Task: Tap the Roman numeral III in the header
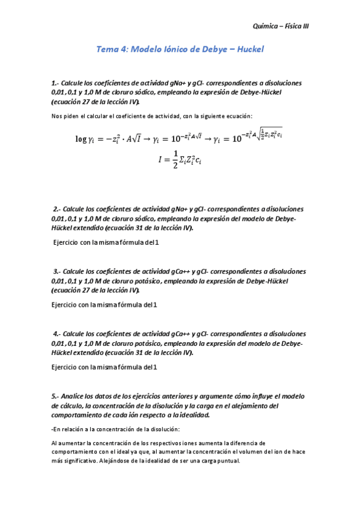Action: tap(304, 26)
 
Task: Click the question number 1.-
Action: tap(56, 83)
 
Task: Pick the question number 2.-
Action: tap(56, 209)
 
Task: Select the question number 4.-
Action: tap(56, 334)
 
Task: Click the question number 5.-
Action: tap(56, 396)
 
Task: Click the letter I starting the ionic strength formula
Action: tap(160, 161)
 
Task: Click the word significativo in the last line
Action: tap(79, 461)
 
